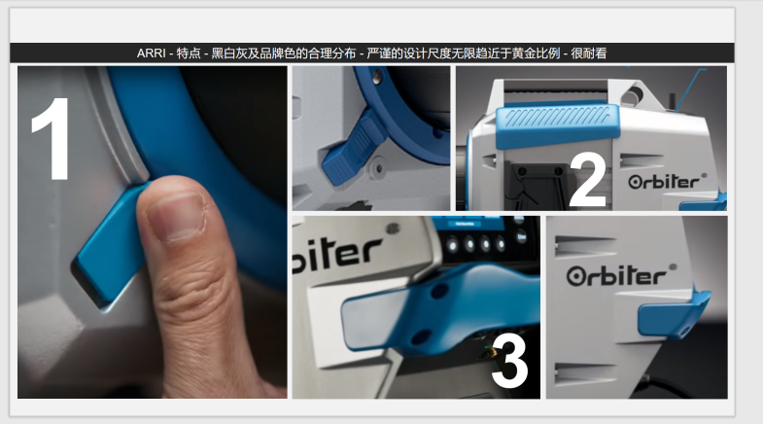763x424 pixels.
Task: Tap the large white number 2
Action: [x=586, y=180]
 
